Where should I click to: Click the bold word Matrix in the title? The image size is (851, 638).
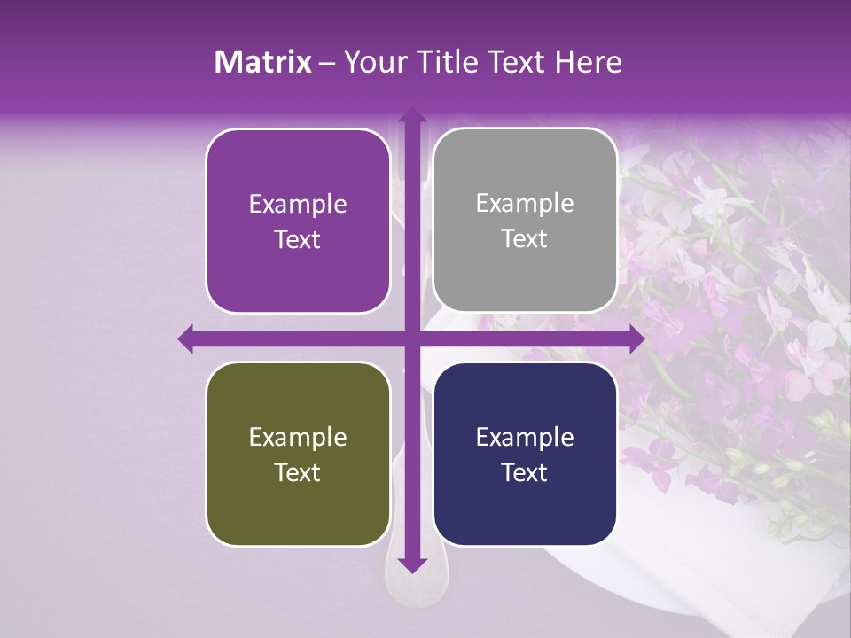click(262, 62)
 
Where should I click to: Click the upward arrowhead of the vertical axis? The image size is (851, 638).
click(411, 114)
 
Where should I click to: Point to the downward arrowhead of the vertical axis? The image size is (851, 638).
click(411, 564)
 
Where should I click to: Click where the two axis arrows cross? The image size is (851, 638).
click(411, 338)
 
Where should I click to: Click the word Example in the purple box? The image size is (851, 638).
click(298, 205)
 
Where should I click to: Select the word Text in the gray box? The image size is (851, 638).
click(525, 239)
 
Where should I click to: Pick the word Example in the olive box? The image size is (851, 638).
click(298, 438)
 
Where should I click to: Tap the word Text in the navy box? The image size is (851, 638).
click(525, 472)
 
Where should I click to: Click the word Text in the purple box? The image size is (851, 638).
click(298, 240)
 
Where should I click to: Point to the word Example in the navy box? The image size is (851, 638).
click(525, 438)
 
